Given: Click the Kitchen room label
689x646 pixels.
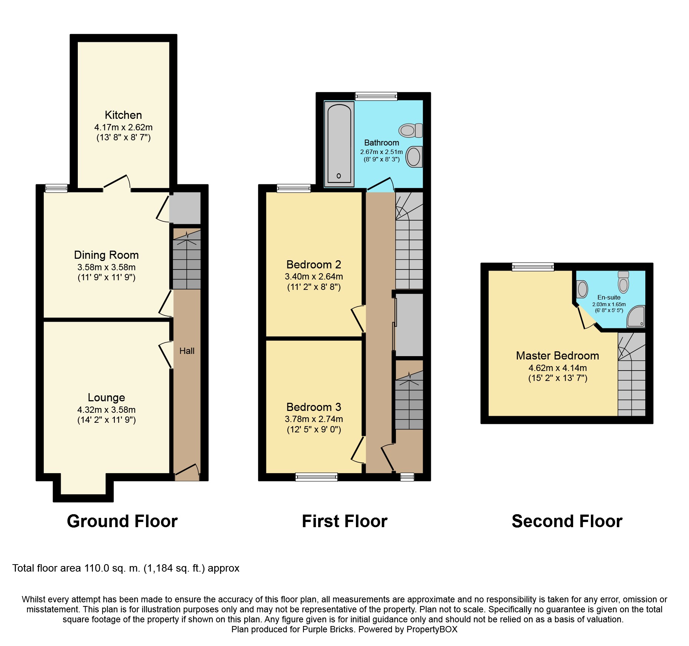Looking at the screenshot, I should pyautogui.click(x=123, y=115).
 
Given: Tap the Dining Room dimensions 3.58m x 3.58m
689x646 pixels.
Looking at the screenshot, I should pyautogui.click(x=106, y=267).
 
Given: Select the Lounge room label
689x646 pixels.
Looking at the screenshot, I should pyautogui.click(x=106, y=398).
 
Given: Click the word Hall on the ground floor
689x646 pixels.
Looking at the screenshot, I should pyautogui.click(x=187, y=351).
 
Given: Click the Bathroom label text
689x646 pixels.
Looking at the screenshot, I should pyautogui.click(x=382, y=143).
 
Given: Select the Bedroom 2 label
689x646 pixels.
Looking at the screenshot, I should pyautogui.click(x=314, y=265).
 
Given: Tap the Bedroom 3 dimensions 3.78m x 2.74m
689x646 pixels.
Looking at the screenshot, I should pyautogui.click(x=314, y=419).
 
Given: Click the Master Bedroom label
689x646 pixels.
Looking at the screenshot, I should pyautogui.click(x=557, y=356).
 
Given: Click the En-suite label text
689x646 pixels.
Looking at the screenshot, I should pyautogui.click(x=609, y=297).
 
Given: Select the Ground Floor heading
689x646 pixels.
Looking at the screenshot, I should pyautogui.click(x=122, y=521).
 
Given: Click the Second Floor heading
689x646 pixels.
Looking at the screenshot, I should pyautogui.click(x=567, y=521).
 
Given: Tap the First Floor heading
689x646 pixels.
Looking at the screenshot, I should pyautogui.click(x=344, y=521).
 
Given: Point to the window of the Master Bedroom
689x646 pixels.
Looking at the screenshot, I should pyautogui.click(x=533, y=267).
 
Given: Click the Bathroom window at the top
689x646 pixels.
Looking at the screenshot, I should pyautogui.click(x=376, y=96).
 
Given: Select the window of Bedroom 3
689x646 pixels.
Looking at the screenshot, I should pyautogui.click(x=316, y=477).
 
